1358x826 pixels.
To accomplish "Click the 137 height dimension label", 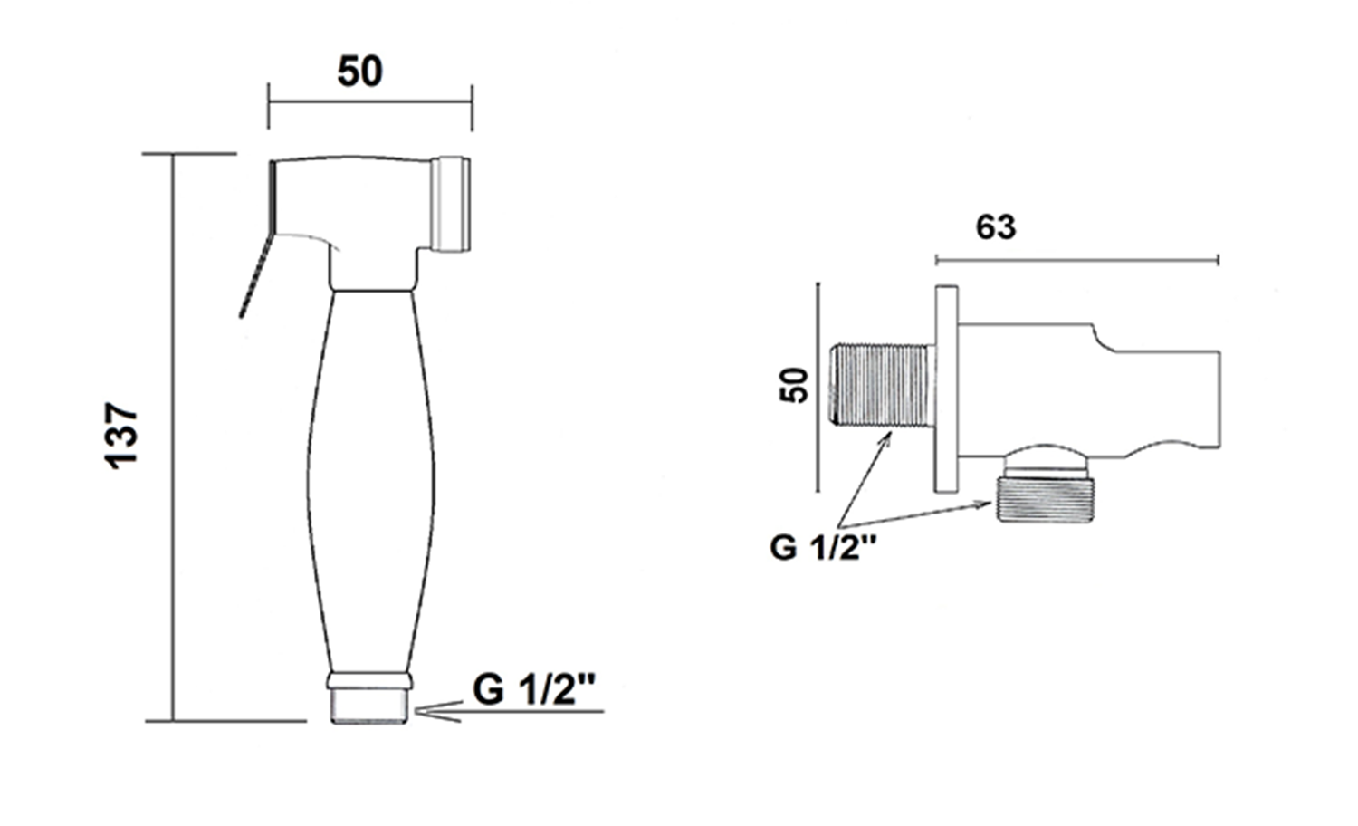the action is [122, 435].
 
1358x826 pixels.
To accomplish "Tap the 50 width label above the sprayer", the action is [360, 72].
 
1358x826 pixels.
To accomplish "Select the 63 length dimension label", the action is [996, 227].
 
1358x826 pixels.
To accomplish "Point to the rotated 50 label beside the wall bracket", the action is [795, 386].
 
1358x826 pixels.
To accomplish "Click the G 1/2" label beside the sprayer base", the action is [533, 690].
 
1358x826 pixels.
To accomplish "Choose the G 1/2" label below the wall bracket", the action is [823, 548].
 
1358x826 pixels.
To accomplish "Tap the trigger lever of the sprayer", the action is [257, 273].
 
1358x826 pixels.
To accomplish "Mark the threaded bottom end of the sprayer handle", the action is [369, 706].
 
